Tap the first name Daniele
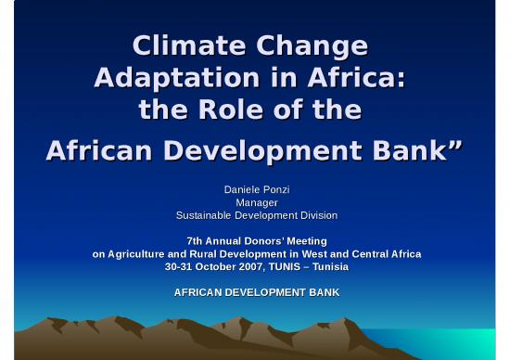(x=240, y=189)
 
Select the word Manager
(x=257, y=202)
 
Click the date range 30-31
(x=179, y=266)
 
